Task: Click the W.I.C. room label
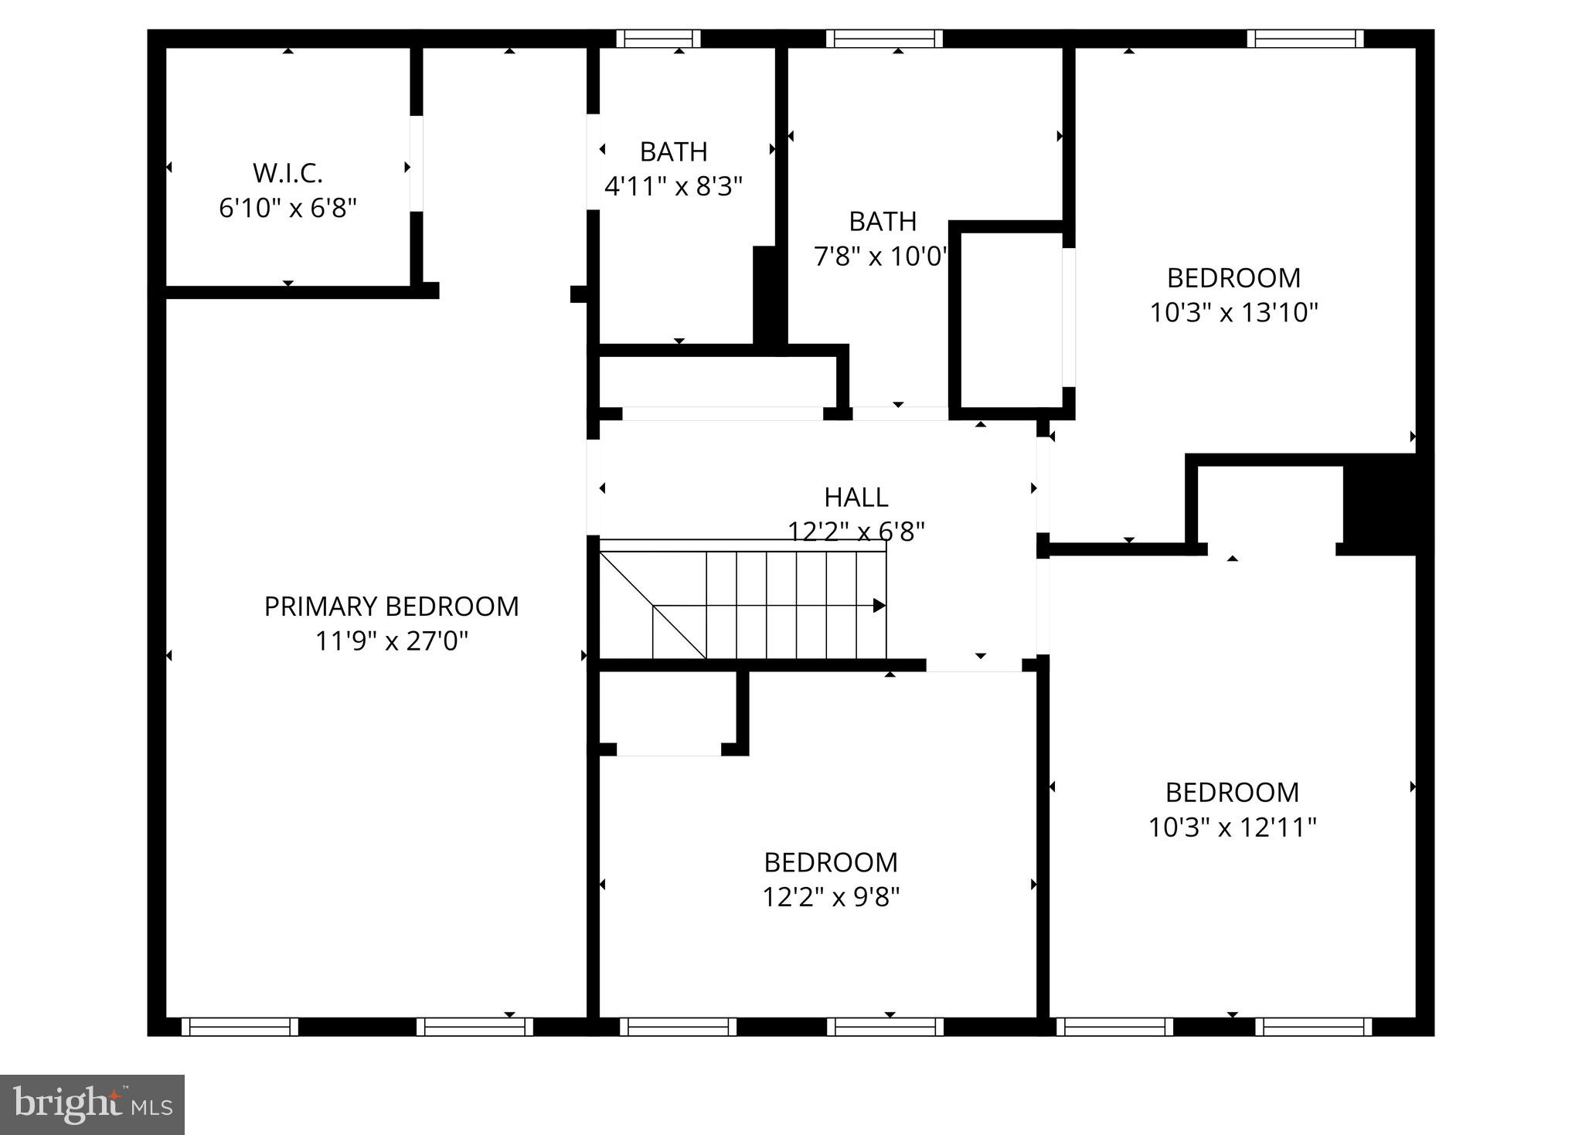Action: click(287, 173)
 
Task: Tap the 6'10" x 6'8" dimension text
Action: click(287, 208)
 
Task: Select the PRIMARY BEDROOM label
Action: click(391, 607)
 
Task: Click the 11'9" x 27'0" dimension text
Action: click(391, 641)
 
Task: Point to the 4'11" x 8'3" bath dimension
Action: click(672, 186)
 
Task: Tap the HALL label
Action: click(856, 497)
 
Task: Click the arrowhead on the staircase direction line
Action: click(879, 606)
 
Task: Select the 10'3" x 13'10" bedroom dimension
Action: click(1233, 312)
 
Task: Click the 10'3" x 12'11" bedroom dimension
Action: click(1232, 827)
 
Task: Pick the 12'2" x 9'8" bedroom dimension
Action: click(831, 897)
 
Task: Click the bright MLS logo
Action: click(92, 1104)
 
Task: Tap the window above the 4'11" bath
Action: click(658, 39)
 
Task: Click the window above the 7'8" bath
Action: click(884, 39)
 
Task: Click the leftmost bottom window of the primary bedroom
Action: click(240, 1026)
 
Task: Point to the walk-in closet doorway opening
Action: click(417, 163)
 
